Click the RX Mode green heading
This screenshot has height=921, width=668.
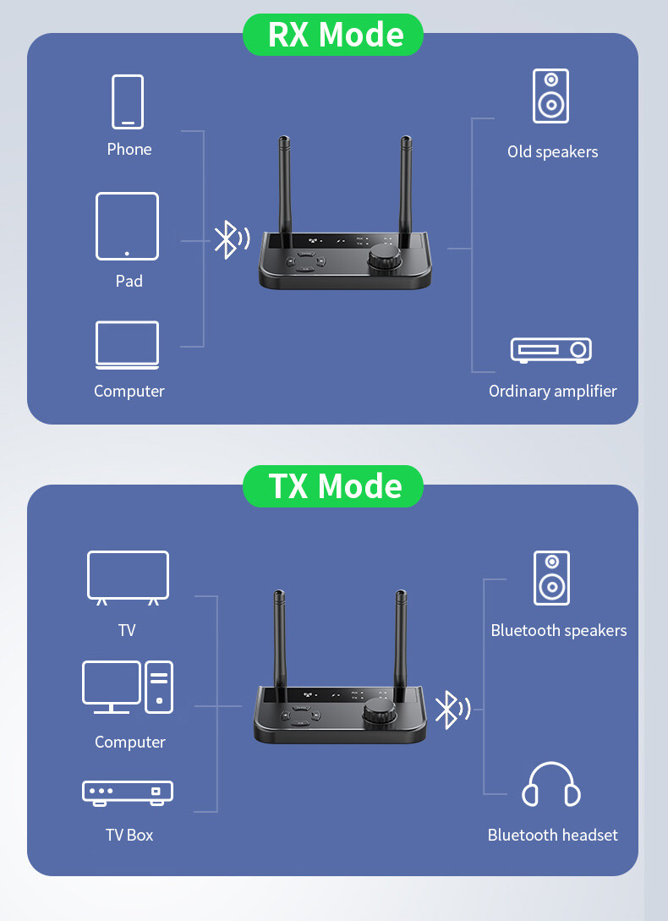pyautogui.click(x=333, y=35)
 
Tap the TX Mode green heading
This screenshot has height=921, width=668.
pyautogui.click(x=333, y=486)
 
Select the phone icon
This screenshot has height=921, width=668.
pyautogui.click(x=128, y=101)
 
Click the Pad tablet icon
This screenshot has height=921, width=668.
pyautogui.click(x=127, y=227)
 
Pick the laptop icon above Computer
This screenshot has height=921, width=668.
pyautogui.click(x=127, y=345)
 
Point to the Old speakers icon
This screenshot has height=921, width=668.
pyautogui.click(x=550, y=96)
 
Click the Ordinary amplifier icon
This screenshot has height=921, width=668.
pyautogui.click(x=550, y=350)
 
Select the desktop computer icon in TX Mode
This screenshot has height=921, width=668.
pyautogui.click(x=128, y=687)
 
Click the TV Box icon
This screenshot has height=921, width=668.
pyautogui.click(x=128, y=792)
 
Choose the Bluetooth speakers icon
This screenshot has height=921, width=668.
pyautogui.click(x=551, y=578)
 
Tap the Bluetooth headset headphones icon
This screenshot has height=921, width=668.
pyautogui.click(x=551, y=785)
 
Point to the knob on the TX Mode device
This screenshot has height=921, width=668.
pyautogui.click(x=380, y=713)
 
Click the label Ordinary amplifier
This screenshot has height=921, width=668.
pyautogui.click(x=552, y=392)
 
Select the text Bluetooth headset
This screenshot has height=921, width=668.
pyautogui.click(x=552, y=836)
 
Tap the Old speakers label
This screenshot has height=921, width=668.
pyautogui.click(x=552, y=152)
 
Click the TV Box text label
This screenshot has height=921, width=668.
pyautogui.click(x=129, y=836)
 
